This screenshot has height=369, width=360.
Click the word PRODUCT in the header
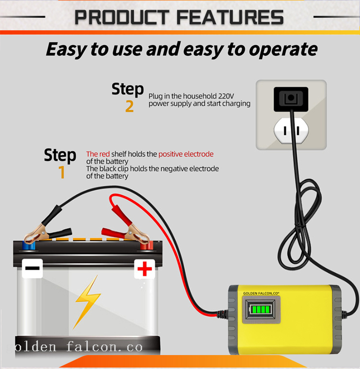point(122,17)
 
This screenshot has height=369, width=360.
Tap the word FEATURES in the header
point(230,17)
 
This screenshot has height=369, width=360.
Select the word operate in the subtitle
point(283,49)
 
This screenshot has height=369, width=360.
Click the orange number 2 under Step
point(130,106)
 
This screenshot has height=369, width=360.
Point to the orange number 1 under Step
point(61,172)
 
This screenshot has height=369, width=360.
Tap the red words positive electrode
point(186,154)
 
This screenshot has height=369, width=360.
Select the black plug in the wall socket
point(291,99)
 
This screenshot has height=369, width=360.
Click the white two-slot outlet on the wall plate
point(291,131)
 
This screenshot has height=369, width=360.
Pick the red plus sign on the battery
point(144,269)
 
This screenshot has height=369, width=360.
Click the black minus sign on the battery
point(32,268)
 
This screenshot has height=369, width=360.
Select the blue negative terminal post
point(28,245)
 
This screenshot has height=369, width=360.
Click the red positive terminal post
point(146,245)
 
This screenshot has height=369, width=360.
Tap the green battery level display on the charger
point(261,309)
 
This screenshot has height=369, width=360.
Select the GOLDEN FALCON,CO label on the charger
point(261,293)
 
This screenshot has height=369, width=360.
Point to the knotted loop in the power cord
point(299,223)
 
